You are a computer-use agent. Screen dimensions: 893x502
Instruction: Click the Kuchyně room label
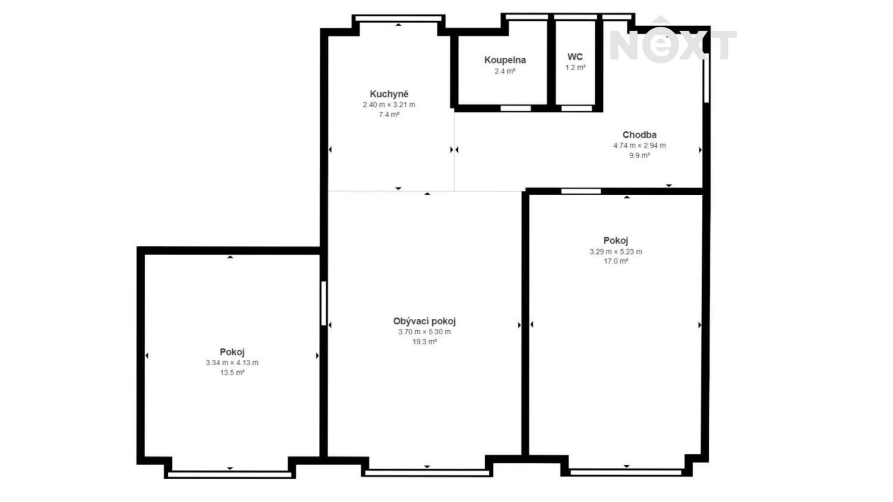(x=389, y=95)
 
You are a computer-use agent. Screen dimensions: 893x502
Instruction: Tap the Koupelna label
(x=505, y=60)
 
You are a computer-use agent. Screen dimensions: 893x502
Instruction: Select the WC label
(x=575, y=57)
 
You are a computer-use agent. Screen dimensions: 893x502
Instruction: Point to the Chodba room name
(x=639, y=135)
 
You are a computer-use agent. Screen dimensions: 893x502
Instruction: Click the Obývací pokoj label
(x=424, y=322)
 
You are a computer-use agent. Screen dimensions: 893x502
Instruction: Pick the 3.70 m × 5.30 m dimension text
(x=424, y=332)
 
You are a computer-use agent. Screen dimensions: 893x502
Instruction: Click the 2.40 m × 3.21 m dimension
(x=389, y=105)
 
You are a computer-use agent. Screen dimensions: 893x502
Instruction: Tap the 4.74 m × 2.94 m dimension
(x=639, y=146)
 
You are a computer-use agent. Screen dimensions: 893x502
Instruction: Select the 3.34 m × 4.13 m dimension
(x=232, y=363)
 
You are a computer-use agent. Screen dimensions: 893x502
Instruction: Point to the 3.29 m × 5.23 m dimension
(x=616, y=252)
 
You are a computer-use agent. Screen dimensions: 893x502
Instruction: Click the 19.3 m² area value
(x=424, y=342)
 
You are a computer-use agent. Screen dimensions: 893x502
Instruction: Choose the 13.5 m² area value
(x=232, y=373)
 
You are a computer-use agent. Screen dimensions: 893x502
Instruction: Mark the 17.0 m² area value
(x=616, y=261)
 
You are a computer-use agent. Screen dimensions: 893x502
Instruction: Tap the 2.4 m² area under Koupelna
(x=505, y=71)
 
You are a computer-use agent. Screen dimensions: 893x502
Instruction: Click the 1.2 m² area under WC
(x=575, y=68)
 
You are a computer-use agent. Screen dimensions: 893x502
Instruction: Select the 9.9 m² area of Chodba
(x=639, y=155)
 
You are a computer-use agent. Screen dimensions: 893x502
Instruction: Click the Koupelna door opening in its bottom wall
(x=516, y=108)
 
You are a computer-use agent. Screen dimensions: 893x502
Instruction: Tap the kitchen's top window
(x=399, y=18)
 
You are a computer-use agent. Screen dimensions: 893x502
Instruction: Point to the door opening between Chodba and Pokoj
(x=581, y=192)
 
